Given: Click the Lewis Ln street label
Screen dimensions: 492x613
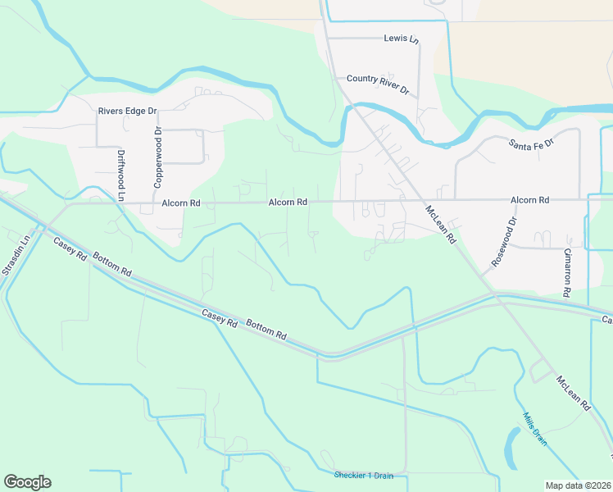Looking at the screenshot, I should tap(401, 39).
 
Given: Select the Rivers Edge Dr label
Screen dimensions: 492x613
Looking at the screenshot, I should tap(127, 111).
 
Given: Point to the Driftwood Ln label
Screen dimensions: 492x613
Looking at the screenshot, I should tap(120, 175).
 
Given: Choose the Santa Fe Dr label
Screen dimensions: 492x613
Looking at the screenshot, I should tap(532, 143).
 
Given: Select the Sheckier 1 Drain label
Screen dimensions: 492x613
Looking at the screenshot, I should tap(364, 476).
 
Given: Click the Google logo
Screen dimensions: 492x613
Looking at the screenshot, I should tap(27, 482).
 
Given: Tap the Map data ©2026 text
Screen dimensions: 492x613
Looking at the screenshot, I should tap(579, 485).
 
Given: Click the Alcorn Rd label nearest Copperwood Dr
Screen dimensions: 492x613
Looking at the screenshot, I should tap(181, 203).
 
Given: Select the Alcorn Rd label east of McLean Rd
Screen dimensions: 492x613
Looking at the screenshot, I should tap(529, 200).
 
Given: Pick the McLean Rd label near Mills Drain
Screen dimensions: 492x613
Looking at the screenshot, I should tap(574, 393).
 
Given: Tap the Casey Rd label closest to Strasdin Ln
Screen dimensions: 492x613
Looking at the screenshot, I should tap(70, 248).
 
